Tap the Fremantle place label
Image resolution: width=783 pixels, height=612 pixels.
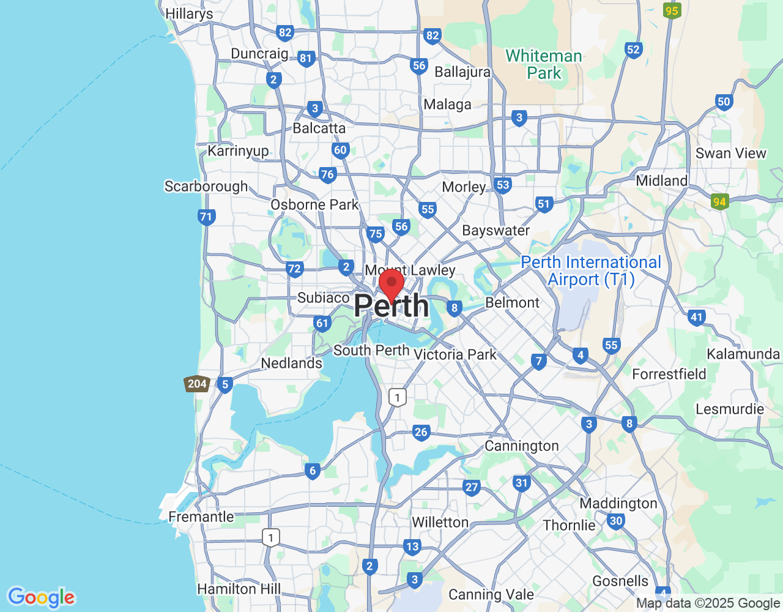201,517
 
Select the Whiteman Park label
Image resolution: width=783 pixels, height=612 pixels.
544,64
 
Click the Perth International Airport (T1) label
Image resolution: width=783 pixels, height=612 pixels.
591,271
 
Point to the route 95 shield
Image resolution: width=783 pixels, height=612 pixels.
672,11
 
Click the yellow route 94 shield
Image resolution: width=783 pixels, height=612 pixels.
719,201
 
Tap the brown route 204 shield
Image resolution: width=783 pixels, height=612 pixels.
197,384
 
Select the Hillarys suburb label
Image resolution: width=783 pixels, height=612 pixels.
189,13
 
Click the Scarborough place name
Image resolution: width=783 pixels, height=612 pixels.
206,186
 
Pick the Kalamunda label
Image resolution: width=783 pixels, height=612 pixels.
743,354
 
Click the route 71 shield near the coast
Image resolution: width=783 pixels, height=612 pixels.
206,217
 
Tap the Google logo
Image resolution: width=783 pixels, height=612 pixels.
42,597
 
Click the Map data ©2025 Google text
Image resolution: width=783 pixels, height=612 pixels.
708,603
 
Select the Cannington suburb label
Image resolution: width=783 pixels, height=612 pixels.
522,446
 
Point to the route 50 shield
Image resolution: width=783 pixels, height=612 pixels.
724,102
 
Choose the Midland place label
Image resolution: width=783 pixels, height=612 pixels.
662,181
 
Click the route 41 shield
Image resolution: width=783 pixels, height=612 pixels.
696,317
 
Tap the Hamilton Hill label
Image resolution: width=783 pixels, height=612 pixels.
239,589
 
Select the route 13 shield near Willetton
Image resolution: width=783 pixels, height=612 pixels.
412,547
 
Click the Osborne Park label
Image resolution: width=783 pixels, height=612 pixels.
314,204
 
